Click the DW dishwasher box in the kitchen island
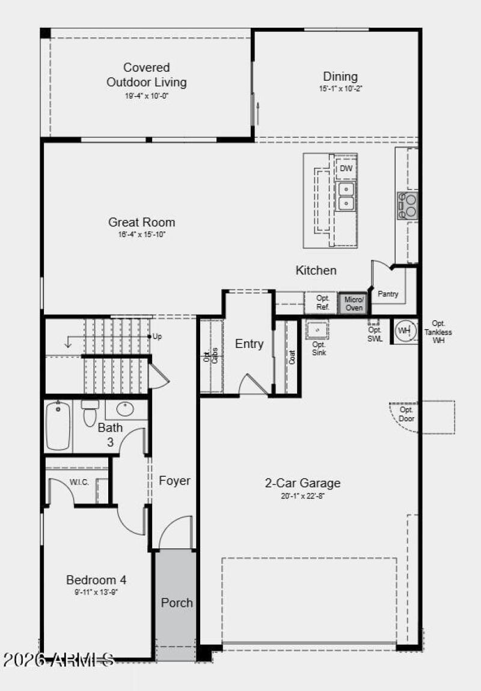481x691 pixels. [x=346, y=169]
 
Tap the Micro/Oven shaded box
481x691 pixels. [x=354, y=303]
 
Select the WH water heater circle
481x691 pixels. [x=405, y=330]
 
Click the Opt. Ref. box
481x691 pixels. [x=322, y=303]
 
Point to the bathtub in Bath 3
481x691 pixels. [x=59, y=425]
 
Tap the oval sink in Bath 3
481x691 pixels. [x=126, y=409]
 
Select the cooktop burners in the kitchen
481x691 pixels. [x=407, y=205]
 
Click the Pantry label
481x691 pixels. [x=388, y=294]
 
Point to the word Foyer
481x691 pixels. [x=174, y=481]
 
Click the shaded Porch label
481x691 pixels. [x=177, y=603]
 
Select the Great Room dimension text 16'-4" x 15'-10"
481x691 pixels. [x=141, y=234]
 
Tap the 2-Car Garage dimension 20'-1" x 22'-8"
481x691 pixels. [x=302, y=497]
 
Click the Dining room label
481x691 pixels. [x=340, y=76]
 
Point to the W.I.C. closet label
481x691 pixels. [x=79, y=482]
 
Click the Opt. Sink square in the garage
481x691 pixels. [x=317, y=330]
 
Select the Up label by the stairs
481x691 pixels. [x=157, y=336]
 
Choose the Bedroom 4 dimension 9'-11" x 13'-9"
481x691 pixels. [x=96, y=593]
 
